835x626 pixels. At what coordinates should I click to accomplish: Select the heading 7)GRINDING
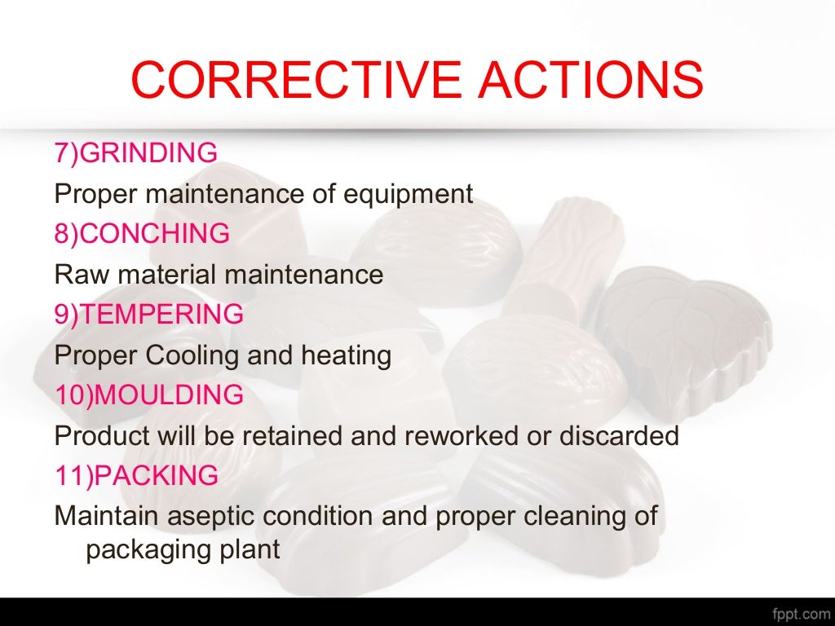pyautogui.click(x=136, y=152)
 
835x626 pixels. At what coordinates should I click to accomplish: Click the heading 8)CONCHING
pyautogui.click(x=142, y=234)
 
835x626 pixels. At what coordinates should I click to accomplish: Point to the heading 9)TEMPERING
pyautogui.click(x=149, y=314)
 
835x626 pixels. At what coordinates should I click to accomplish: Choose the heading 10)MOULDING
pyautogui.click(x=149, y=395)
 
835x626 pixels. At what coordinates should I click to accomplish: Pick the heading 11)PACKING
pyautogui.click(x=136, y=475)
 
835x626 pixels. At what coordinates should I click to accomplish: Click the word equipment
pyautogui.click(x=407, y=195)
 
